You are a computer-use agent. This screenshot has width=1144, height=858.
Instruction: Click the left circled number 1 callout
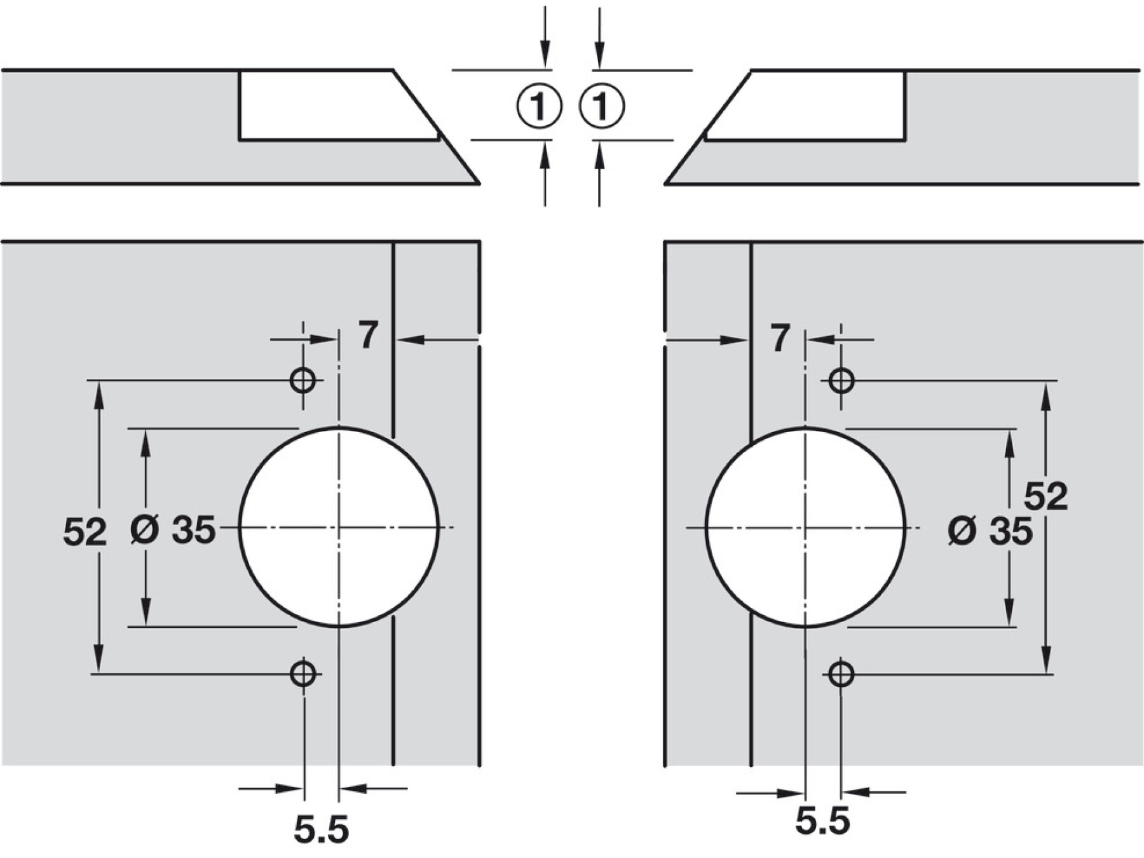(x=538, y=106)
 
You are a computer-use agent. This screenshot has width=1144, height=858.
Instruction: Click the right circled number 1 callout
(x=602, y=106)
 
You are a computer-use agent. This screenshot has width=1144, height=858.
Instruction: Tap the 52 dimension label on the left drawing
(x=85, y=531)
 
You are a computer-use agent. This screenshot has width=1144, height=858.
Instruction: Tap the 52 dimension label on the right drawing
(x=1045, y=496)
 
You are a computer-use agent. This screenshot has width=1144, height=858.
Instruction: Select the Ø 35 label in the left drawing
(x=173, y=529)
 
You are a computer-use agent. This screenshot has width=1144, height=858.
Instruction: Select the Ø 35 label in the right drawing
(x=990, y=531)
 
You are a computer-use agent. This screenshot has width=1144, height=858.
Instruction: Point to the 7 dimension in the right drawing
(x=780, y=338)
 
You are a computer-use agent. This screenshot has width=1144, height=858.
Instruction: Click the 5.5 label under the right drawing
(x=822, y=821)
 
